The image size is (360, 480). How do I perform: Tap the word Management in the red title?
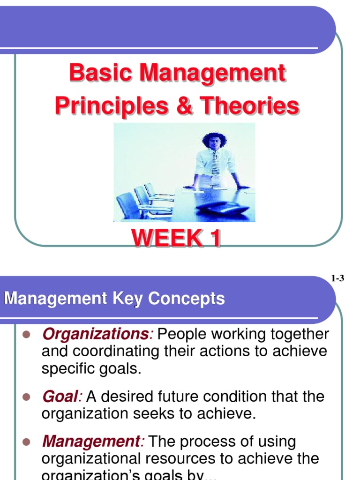coord(211,74)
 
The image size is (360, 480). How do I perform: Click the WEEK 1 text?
coord(176,239)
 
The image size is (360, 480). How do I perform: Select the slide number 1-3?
coord(337,278)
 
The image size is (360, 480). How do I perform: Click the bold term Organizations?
coord(96,334)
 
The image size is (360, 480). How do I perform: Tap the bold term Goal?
coord(59,397)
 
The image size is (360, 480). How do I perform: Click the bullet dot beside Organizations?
coord(26,334)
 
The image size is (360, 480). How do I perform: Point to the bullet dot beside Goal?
coord(26,397)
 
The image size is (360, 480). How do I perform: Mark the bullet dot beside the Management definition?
coord(26,442)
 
